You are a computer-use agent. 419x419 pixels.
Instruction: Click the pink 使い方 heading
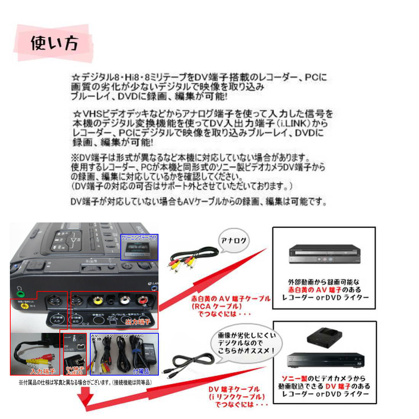click(54, 43)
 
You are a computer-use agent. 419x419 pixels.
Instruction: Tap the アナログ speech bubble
click(233, 241)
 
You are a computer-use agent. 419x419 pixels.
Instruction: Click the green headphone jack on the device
click(20, 294)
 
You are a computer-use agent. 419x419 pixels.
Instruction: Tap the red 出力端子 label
click(138, 322)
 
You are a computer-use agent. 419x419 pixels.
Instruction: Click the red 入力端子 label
click(43, 371)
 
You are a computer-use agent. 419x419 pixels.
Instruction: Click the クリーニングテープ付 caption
click(139, 237)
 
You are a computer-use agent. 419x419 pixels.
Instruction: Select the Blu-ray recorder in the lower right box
click(325, 359)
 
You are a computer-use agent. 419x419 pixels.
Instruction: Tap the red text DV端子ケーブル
click(234, 389)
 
